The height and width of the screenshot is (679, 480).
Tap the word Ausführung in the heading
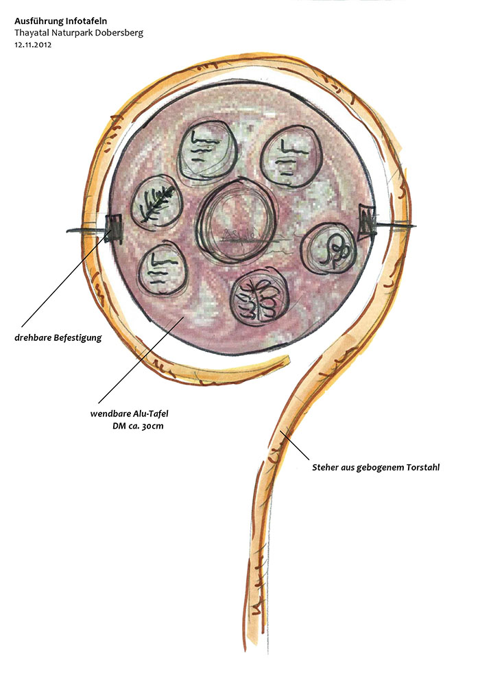[38, 21]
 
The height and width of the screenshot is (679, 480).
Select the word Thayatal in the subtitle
[31, 33]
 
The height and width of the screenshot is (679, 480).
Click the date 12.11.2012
[33, 45]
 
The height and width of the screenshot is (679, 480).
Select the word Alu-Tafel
[150, 414]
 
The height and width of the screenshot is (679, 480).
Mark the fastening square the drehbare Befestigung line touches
[113, 226]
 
